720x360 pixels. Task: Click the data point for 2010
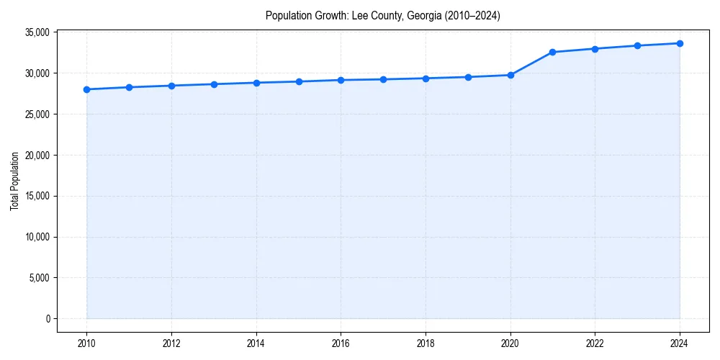pos(86,89)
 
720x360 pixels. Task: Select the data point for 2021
pos(552,52)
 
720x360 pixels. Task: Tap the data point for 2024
pos(680,43)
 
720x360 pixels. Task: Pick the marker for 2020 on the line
pos(510,75)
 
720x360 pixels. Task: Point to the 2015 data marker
pos(299,81)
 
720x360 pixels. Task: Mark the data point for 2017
pos(383,79)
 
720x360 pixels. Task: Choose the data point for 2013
pos(214,84)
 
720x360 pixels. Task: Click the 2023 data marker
pos(637,45)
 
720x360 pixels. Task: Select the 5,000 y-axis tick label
pos(38,278)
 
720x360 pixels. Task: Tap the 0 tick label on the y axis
pos(47,319)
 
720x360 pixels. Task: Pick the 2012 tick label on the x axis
pos(171,343)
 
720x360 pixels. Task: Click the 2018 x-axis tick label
pos(426,343)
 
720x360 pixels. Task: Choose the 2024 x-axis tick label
pos(680,343)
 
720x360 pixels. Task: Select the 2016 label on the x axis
pos(341,343)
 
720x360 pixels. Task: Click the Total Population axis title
pos(14,181)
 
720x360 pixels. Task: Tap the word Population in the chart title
pos(286,15)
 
